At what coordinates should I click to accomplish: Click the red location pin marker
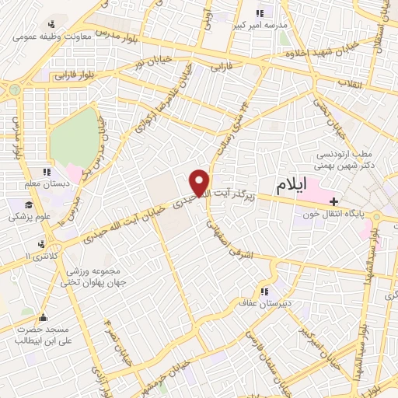[x=200, y=182]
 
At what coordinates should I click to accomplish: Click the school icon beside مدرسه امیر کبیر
[x=260, y=12]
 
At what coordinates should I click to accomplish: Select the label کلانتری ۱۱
[x=38, y=256]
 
